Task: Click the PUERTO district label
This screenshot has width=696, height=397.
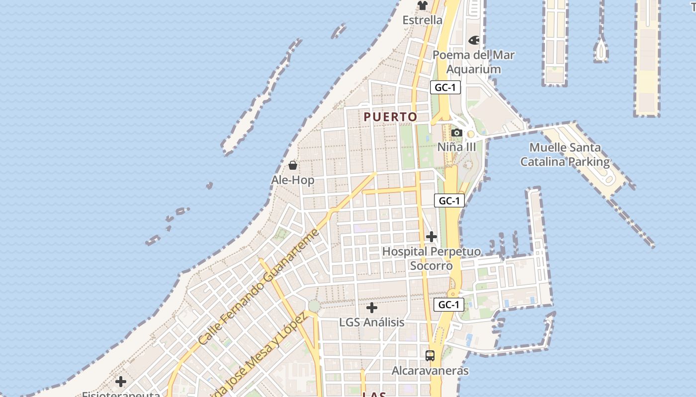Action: point(390,117)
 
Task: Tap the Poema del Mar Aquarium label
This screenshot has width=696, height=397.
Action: point(473,62)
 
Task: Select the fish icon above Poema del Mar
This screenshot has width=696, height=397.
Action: point(474,40)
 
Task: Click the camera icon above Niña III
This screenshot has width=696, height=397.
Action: point(456,132)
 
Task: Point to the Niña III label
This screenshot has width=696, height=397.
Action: point(456,147)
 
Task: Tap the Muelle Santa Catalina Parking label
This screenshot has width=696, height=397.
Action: point(565,154)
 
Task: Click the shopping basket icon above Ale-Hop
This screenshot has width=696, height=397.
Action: point(293,165)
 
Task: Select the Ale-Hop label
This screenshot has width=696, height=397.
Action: point(293,180)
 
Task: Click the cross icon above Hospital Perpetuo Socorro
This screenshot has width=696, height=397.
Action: point(431,237)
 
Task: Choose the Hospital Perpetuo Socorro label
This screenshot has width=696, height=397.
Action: point(431,259)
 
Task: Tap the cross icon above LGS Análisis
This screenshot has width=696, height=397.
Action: point(371,308)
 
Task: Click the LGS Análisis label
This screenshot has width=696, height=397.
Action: point(371,323)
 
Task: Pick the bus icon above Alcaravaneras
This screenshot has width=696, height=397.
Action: point(430,355)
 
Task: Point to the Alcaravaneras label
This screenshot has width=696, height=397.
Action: point(430,371)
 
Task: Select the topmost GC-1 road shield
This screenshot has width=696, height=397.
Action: point(445,88)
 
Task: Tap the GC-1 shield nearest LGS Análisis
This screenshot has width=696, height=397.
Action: point(449,305)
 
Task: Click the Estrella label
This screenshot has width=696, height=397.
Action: point(422,20)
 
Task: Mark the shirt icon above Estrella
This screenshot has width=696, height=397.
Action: point(422,5)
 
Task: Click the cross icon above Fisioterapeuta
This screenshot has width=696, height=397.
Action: point(120,382)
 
